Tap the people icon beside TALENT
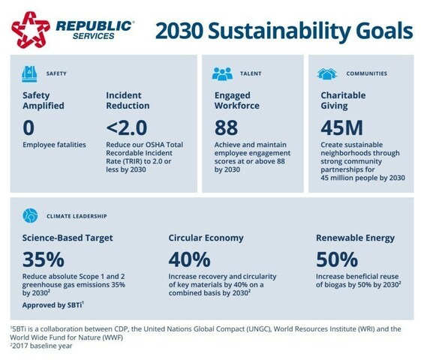tap(222, 73)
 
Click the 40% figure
tap(189, 259)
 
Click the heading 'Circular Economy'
tap(206, 238)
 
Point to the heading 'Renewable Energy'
tap(356, 238)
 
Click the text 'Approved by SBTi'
tap(53, 307)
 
